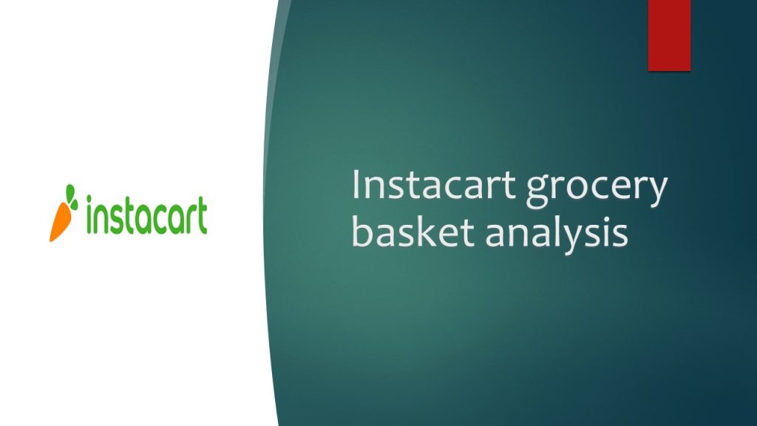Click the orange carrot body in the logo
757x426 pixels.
(61, 222)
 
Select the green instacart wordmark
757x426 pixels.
(147, 215)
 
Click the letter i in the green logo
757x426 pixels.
(89, 215)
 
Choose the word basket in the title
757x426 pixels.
(413, 231)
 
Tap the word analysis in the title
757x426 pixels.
(557, 235)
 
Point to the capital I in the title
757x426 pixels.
(356, 184)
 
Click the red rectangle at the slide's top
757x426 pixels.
(669, 35)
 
